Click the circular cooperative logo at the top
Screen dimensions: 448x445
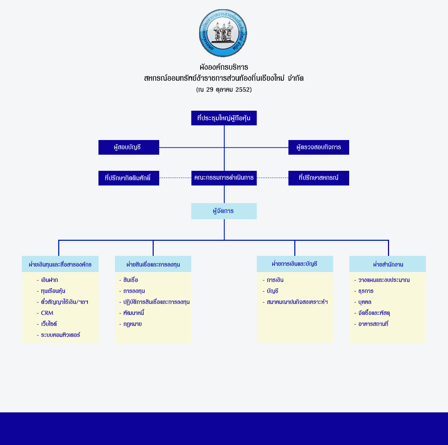[x=223, y=33]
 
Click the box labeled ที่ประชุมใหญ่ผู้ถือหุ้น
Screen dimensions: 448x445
[x=224, y=118]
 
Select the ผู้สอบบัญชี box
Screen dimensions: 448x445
[x=129, y=147]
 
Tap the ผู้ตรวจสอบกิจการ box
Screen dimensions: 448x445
[x=319, y=147]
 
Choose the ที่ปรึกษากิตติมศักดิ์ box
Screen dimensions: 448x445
[x=129, y=178]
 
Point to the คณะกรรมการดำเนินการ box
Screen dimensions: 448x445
[x=224, y=178]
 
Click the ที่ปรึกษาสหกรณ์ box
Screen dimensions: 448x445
[x=319, y=178]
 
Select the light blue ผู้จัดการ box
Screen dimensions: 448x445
[x=224, y=211]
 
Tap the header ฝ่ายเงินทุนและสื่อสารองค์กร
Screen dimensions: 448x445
[x=60, y=264]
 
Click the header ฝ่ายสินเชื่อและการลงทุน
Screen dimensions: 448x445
[x=153, y=264]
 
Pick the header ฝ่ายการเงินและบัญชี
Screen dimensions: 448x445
[x=295, y=264]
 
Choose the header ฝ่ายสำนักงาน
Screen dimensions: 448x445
[x=388, y=264]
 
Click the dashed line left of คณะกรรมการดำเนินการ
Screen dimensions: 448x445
[x=175, y=178]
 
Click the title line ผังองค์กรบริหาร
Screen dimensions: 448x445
[x=224, y=67]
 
